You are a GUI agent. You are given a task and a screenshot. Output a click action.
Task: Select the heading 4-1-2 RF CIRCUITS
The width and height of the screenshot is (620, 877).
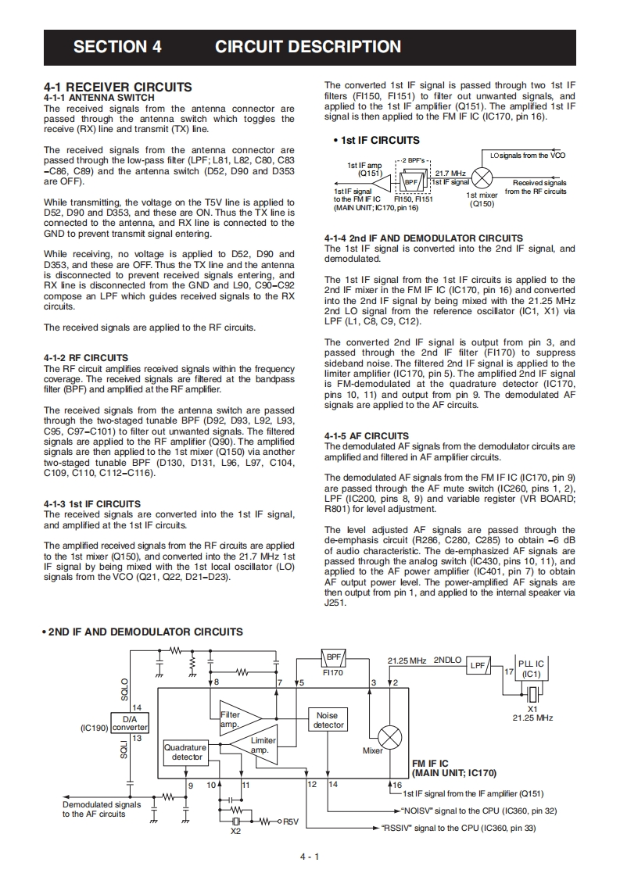pos(86,358)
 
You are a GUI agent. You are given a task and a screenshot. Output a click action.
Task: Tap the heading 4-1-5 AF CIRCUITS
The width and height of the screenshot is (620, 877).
pos(366,435)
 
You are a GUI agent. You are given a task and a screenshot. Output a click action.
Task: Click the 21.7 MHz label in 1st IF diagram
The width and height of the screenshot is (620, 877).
pos(450,173)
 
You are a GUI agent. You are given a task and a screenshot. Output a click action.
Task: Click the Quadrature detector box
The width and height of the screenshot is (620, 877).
pos(186,752)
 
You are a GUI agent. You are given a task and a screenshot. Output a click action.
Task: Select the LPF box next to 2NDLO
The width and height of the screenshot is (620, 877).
pos(478,665)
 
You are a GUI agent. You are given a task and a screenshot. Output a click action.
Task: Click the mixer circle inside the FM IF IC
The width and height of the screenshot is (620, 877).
pos(389,737)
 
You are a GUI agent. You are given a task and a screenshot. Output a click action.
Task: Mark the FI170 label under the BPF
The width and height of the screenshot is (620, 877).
pos(333,672)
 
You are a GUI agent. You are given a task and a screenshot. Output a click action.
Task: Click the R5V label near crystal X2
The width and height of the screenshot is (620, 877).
pos(290,822)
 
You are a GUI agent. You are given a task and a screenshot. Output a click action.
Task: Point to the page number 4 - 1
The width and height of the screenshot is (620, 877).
pos(310,857)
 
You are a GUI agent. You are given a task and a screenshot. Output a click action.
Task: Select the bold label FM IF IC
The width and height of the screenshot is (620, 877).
pos(430,764)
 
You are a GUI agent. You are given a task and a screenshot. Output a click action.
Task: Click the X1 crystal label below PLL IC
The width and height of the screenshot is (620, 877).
pos(532,709)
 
